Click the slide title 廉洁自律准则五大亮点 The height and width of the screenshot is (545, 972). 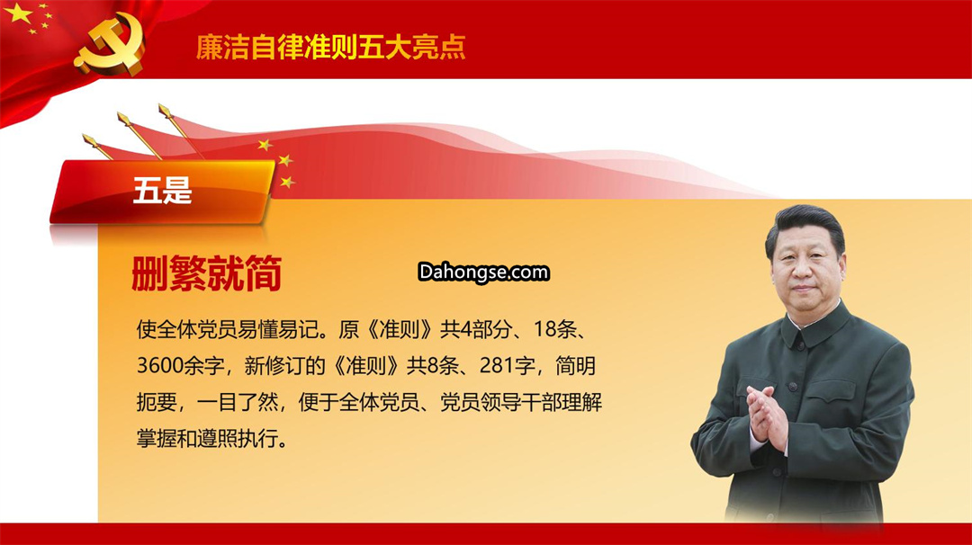point(330,47)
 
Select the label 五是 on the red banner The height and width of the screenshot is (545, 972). point(162,190)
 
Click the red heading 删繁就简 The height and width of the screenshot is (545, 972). point(206,273)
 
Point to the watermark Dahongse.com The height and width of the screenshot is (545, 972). point(483,272)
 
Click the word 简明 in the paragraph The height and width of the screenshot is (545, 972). point(575,365)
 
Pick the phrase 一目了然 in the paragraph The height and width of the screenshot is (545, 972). point(238,403)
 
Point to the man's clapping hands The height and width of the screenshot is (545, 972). point(767,416)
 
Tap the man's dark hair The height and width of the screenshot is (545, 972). point(805,226)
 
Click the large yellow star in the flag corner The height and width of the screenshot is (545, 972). point(18,13)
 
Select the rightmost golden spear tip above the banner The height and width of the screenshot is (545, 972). point(165,111)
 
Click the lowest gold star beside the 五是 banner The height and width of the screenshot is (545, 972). point(287,182)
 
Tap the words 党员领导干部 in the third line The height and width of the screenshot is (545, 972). point(501,403)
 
